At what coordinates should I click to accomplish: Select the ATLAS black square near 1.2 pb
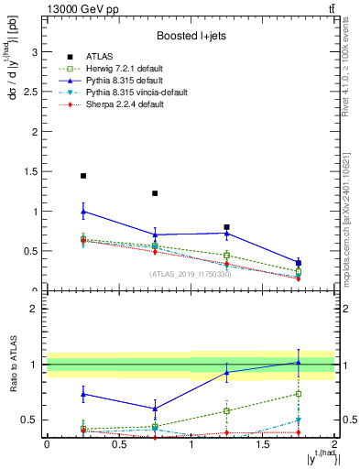pos(155,193)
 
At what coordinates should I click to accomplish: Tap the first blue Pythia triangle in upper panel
pos(83,212)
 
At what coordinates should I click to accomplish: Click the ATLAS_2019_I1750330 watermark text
pos(191,274)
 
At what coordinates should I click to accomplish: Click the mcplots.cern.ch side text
pos(351,220)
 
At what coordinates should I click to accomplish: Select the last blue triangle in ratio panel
pos(299,362)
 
